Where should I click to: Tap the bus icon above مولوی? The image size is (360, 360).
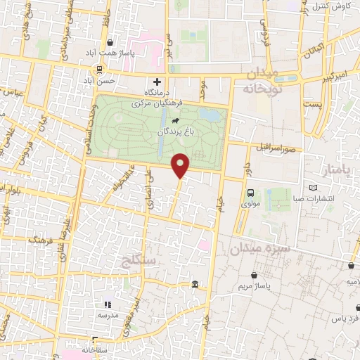pyautogui.click(x=251, y=193)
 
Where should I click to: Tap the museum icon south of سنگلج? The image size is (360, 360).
pyautogui.click(x=194, y=284)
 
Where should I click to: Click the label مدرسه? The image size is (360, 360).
pyautogui.click(x=108, y=316)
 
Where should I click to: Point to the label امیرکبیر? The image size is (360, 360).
pyautogui.click(x=333, y=74)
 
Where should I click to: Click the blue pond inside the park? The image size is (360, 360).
pyautogui.click(x=208, y=114)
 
